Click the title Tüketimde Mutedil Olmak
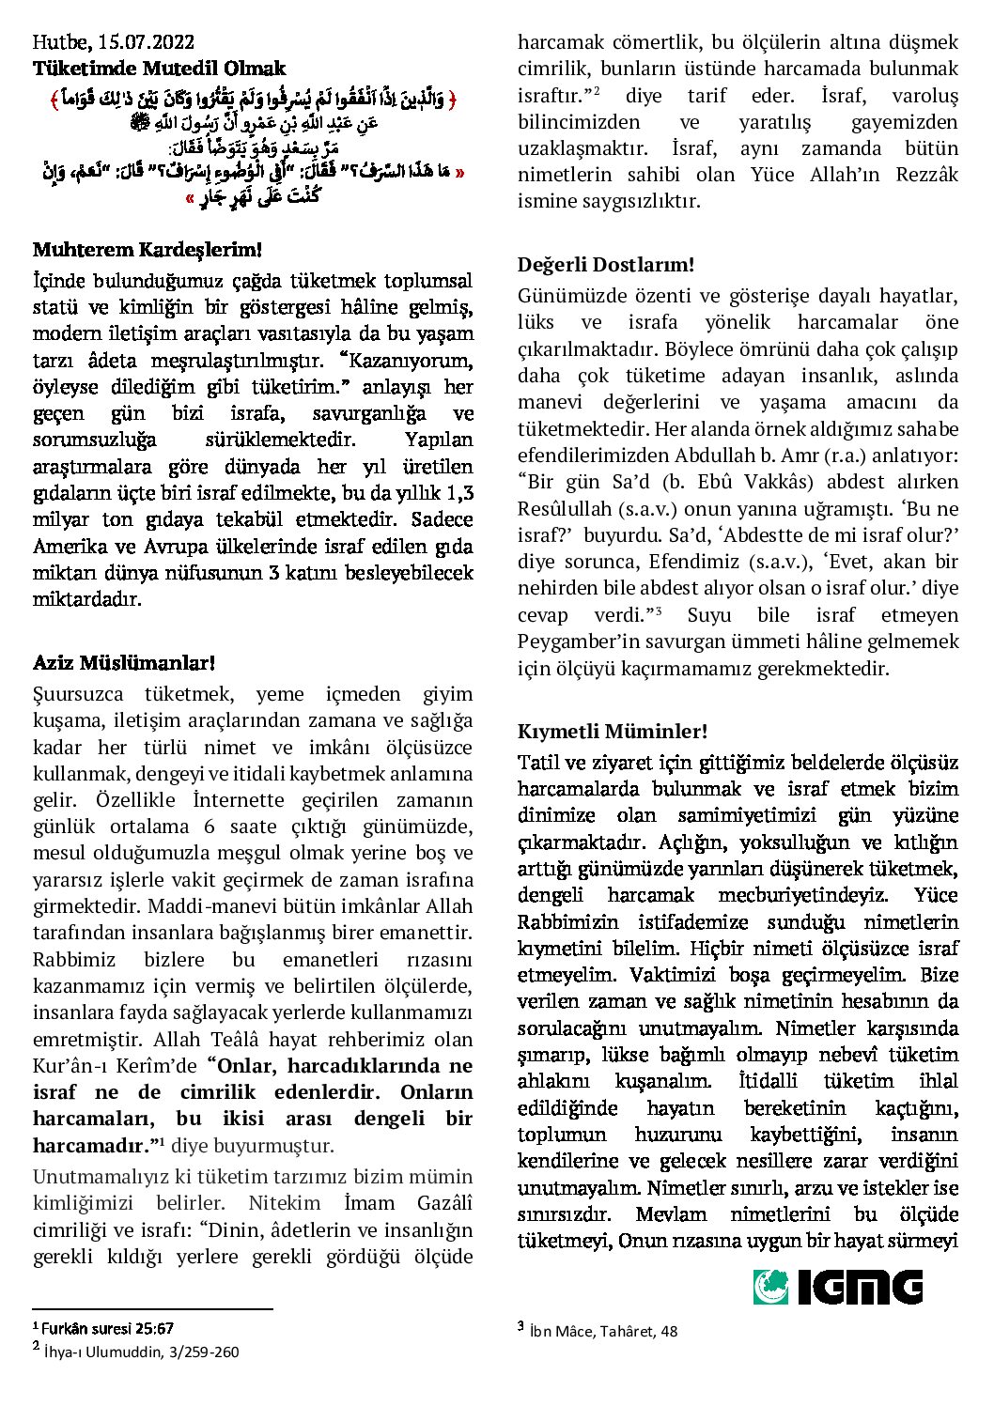[159, 69]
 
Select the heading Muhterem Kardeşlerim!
[147, 250]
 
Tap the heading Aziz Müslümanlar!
[124, 663]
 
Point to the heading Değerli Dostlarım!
[606, 266]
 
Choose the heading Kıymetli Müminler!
[613, 731]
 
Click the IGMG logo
[837, 1287]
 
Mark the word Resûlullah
[565, 508]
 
